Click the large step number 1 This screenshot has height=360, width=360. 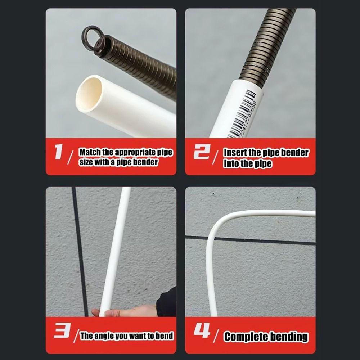pos(59,153)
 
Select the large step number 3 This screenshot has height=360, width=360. pos(60,332)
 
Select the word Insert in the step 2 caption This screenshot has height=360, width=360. pos(235,152)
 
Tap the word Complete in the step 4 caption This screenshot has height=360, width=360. pos(246,337)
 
